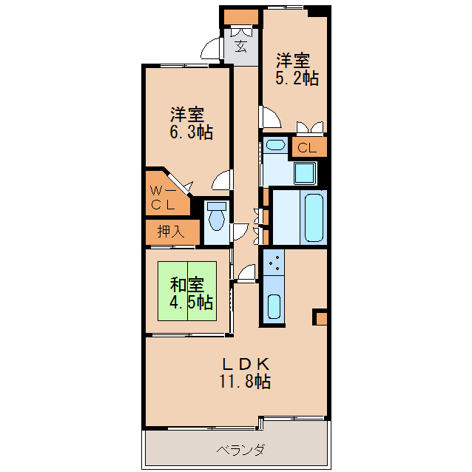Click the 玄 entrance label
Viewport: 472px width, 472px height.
(241, 47)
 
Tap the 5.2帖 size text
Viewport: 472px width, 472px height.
(297, 78)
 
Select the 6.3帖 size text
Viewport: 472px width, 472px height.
(192, 133)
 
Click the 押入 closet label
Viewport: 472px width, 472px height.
(171, 232)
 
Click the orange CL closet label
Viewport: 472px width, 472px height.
(307, 147)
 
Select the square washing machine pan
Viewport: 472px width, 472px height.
(304, 174)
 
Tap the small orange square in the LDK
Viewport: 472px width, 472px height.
(320, 318)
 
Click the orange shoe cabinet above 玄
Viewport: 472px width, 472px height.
(240, 17)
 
